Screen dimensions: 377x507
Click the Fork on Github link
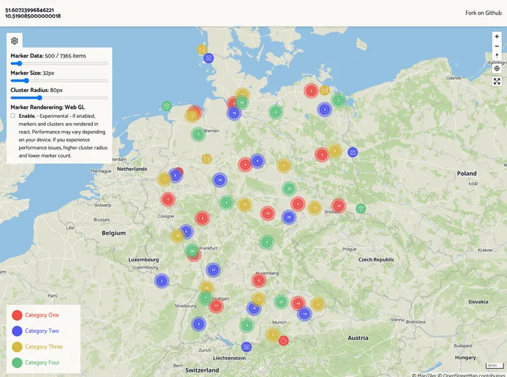(x=483, y=13)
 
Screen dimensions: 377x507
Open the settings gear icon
(x=15, y=41)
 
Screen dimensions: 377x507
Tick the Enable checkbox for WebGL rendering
(x=13, y=116)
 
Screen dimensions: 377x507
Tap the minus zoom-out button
(x=497, y=46)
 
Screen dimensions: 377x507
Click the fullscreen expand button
(x=497, y=82)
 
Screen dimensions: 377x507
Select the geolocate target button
(x=497, y=68)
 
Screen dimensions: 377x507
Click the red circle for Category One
(x=17, y=315)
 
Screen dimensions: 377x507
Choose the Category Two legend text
(x=41, y=331)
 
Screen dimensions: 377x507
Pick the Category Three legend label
(x=43, y=347)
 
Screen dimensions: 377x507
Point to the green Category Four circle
(x=17, y=362)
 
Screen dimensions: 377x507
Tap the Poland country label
(x=466, y=174)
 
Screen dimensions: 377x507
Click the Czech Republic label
(x=377, y=260)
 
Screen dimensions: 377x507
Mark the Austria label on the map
(x=358, y=338)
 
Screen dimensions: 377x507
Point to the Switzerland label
(x=202, y=370)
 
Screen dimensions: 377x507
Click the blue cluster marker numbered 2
(x=161, y=281)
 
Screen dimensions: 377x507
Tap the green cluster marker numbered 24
(x=192, y=250)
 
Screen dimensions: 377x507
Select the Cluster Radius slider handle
(x=39, y=97)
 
